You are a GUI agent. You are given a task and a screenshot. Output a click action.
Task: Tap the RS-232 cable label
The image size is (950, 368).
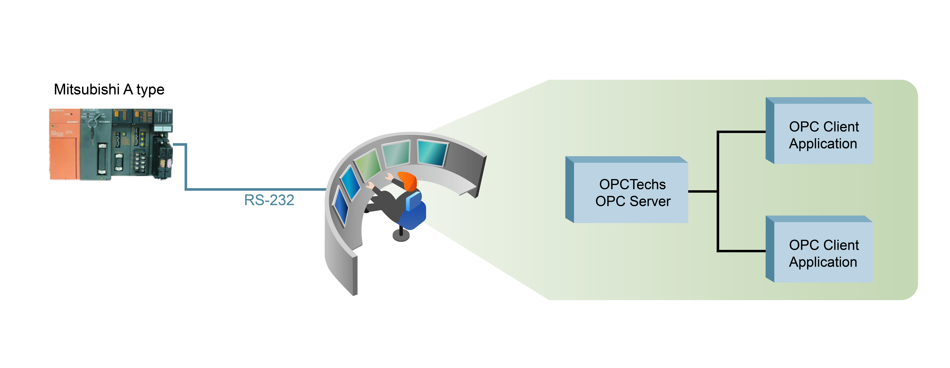pos(269,200)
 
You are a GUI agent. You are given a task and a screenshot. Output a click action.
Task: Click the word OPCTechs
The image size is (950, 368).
pos(633,184)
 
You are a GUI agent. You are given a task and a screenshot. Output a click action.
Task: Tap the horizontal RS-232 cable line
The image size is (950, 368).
pos(255,189)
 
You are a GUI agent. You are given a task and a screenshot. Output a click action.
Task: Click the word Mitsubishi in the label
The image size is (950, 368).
pos(87,89)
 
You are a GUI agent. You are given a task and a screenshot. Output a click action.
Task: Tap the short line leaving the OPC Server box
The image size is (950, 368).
pos(702,191)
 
